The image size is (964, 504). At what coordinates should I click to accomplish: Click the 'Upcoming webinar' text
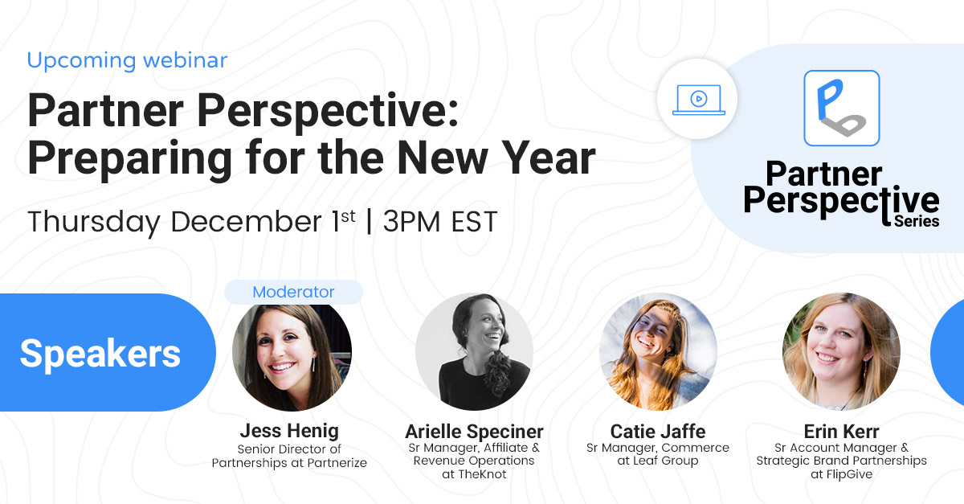click(127, 60)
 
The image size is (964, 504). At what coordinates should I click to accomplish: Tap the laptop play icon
click(698, 100)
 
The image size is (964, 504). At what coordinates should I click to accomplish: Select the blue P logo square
click(841, 108)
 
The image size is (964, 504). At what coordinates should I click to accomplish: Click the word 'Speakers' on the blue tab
click(100, 353)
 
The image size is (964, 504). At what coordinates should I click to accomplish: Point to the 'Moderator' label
click(293, 292)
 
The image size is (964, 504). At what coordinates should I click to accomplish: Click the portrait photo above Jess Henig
click(292, 353)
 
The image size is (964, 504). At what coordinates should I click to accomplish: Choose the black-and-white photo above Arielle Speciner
click(474, 351)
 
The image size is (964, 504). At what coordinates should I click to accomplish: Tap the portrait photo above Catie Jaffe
click(658, 351)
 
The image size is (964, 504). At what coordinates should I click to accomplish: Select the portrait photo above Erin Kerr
click(841, 351)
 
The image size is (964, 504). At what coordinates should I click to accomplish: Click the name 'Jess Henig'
click(289, 431)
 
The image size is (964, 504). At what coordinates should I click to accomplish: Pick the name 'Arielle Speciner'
click(474, 432)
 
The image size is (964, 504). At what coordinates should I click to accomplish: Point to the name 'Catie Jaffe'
click(658, 431)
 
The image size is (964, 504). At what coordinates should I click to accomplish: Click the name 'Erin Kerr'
click(841, 432)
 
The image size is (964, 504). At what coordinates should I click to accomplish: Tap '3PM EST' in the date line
click(439, 222)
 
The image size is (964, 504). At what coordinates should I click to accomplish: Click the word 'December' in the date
click(250, 222)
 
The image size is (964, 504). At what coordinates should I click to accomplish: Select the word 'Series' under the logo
click(917, 220)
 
